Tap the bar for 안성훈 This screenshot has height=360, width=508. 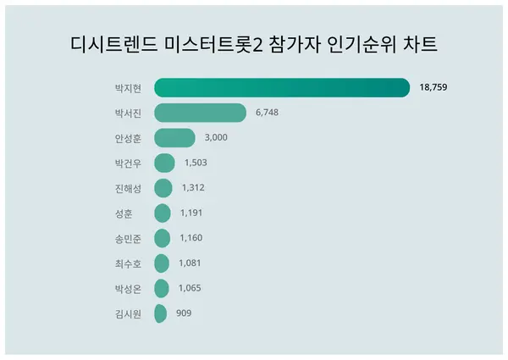tap(175, 137)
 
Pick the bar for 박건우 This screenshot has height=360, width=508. tap(165, 163)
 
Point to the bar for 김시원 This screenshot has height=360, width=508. tap(160, 313)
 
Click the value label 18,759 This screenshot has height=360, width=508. tap(436, 87)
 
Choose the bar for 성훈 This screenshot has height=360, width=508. tap(163, 213)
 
